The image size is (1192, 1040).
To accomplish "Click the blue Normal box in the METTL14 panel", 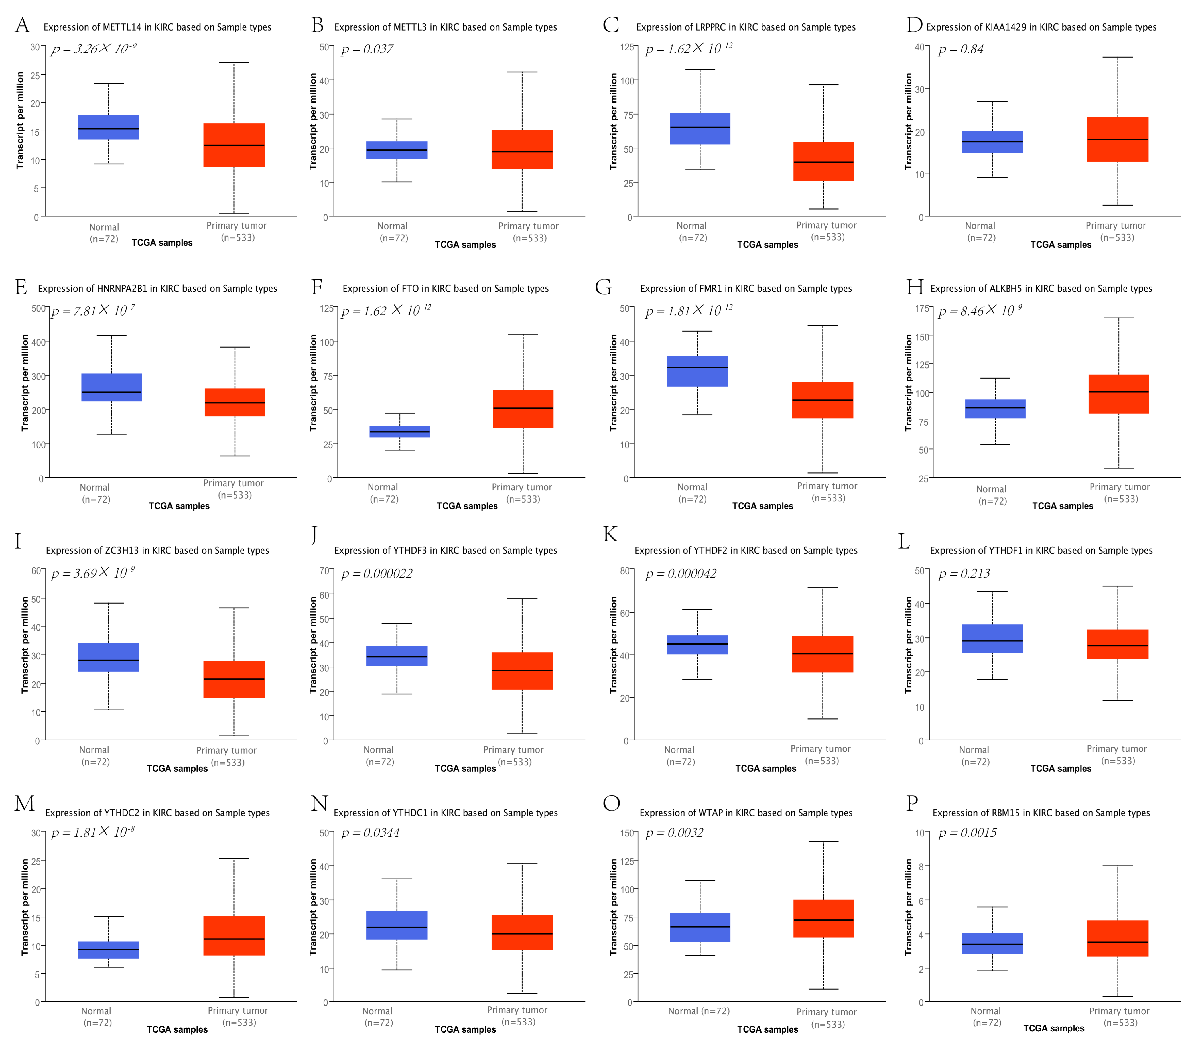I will (x=109, y=128).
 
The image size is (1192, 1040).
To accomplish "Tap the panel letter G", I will (x=604, y=287).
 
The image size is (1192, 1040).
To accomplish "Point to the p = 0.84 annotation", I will (x=961, y=49).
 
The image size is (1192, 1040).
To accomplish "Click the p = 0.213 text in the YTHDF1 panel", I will (x=964, y=573).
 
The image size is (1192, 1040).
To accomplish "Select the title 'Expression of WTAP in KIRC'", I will (x=746, y=812).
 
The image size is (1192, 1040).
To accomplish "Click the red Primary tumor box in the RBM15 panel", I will (x=1118, y=939).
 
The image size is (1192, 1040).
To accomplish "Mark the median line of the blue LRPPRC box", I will (x=700, y=127).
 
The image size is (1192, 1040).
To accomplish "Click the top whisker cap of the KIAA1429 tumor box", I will (x=1118, y=58).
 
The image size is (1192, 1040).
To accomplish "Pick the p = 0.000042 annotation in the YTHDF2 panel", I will (x=681, y=573).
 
